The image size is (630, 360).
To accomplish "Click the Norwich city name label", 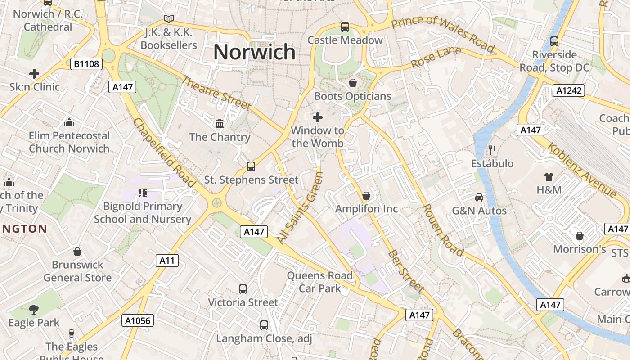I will [x=254, y=52].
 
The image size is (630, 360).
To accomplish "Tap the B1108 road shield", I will [x=86, y=64].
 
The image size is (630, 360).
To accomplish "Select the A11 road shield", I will [x=167, y=261].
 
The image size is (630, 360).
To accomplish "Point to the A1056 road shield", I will [x=138, y=320].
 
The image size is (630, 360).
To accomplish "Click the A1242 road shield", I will [x=568, y=90].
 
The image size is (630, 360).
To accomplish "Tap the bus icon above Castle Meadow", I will [x=345, y=27].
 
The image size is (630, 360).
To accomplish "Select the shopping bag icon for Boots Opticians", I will [x=353, y=83].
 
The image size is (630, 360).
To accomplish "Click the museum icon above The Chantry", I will [x=220, y=123].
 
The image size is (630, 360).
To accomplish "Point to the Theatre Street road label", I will [x=216, y=93].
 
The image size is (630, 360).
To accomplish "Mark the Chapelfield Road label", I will [x=164, y=153].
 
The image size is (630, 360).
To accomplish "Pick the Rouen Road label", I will [x=443, y=230].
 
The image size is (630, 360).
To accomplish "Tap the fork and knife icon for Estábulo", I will [x=492, y=150].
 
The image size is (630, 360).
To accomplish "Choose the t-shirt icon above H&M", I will [x=549, y=176].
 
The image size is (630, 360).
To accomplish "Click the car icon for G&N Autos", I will [x=479, y=197].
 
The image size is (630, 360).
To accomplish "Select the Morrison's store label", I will [x=580, y=249].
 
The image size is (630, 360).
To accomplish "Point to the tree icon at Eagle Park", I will [x=34, y=309].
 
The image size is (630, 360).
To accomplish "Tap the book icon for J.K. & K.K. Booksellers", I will [x=169, y=19].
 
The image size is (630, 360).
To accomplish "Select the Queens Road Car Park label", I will [x=319, y=282].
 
